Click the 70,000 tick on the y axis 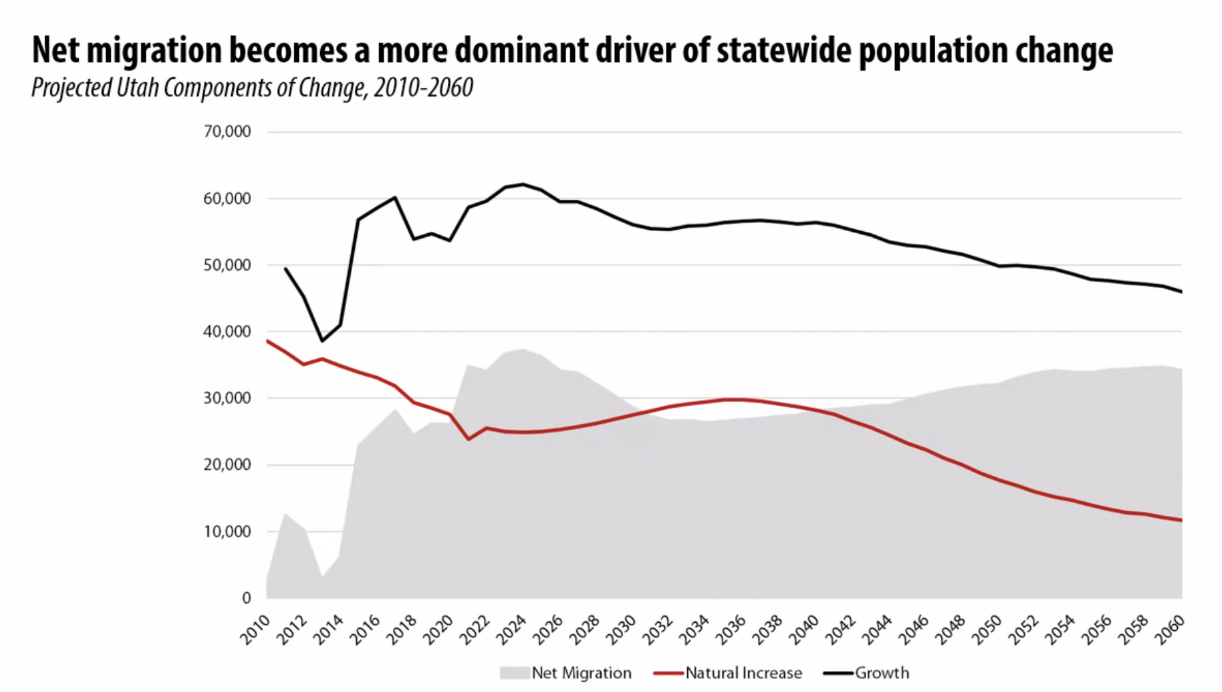point(227,131)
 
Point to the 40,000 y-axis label point(227,332)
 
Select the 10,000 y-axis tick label point(227,532)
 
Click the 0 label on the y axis point(246,598)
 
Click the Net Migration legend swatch point(514,673)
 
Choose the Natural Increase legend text point(744,673)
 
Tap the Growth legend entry point(881,673)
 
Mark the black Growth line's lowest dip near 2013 point(322,341)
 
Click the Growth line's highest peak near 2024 point(523,184)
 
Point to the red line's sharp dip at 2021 point(468,439)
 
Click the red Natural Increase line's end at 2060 point(1181,521)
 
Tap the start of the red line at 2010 point(267,341)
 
